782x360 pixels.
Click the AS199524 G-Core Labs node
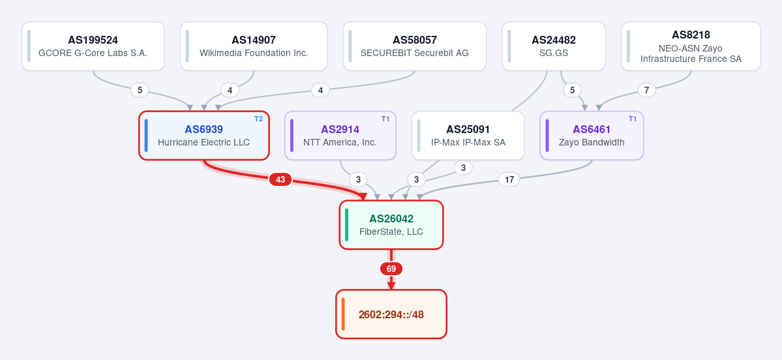[93, 46]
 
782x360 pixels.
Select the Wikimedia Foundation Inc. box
[254, 46]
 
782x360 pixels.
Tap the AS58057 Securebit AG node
[414, 46]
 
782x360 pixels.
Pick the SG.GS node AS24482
[554, 46]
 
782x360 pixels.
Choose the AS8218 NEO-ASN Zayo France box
[691, 46]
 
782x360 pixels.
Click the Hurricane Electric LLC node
[204, 136]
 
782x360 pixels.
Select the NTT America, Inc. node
[340, 136]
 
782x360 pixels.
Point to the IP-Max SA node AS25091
[468, 136]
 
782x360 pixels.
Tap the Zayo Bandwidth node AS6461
[592, 136]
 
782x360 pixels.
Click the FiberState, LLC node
[391, 225]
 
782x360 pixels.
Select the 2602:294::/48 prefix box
[391, 314]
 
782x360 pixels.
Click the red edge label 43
[280, 179]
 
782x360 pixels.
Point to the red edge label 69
[391, 269]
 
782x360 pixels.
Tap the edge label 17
[509, 179]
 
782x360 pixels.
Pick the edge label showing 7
[647, 90]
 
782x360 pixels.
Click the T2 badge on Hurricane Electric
[258, 119]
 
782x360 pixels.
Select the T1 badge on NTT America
[385, 119]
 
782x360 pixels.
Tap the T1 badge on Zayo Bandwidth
[633, 119]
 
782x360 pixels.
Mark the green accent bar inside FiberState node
[346, 225]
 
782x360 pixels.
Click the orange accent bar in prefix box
[343, 314]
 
